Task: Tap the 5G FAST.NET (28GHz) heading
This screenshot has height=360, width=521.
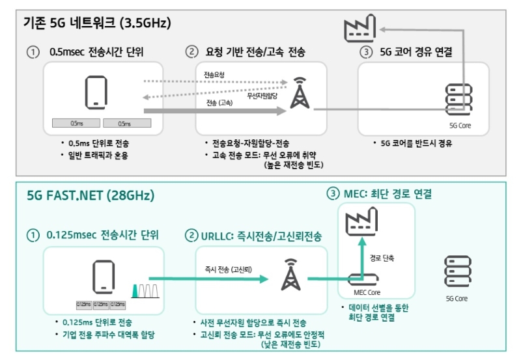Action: tap(91, 195)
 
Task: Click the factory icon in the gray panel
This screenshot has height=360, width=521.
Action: tap(359, 30)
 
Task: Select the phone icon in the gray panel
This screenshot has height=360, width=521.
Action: tap(96, 91)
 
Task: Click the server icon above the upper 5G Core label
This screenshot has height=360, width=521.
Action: tap(454, 99)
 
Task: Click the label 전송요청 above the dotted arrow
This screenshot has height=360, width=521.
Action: tap(214, 76)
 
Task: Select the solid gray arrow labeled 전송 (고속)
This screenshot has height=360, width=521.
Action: tap(215, 111)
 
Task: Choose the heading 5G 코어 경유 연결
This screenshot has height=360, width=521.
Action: tap(417, 52)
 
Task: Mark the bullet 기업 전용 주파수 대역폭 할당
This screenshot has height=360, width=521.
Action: tap(108, 334)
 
